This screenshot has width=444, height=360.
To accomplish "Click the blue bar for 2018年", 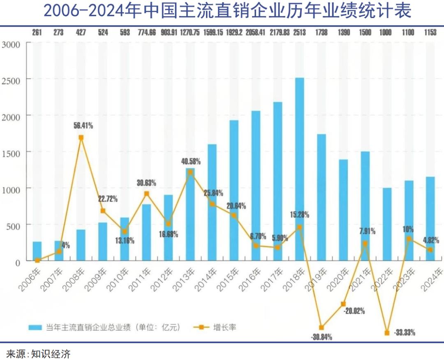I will [x=300, y=169].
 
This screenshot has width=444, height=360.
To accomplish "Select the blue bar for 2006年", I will [x=37, y=251].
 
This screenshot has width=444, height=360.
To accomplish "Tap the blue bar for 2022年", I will [x=387, y=224].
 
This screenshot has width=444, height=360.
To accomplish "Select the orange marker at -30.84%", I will [x=321, y=327].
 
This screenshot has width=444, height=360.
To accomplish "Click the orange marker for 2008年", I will [x=81, y=138].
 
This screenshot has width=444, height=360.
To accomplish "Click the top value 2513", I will [x=300, y=33].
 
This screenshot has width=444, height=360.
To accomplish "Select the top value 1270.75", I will [x=190, y=33].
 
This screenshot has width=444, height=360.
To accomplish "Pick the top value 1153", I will [x=430, y=33].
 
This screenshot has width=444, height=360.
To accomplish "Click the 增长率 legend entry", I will [x=224, y=327].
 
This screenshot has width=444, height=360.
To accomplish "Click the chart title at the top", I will [x=227, y=11].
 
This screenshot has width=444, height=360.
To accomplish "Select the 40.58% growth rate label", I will [x=190, y=161].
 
